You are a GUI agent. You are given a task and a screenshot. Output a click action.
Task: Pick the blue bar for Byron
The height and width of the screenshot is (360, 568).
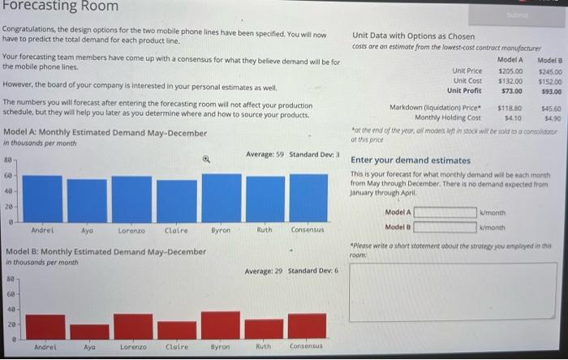click(x=222, y=197)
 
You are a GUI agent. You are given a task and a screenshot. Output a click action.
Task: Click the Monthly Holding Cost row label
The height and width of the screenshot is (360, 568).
click(x=448, y=118)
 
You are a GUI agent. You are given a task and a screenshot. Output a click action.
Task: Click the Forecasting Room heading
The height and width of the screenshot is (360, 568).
click(x=60, y=7)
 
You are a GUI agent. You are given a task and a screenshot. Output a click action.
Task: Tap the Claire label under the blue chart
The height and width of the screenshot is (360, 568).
click(x=177, y=230)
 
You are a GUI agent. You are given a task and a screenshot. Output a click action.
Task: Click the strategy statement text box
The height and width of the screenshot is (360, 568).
click(x=454, y=290)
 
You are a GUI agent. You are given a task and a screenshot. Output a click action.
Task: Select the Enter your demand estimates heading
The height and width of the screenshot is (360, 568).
click(x=411, y=161)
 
